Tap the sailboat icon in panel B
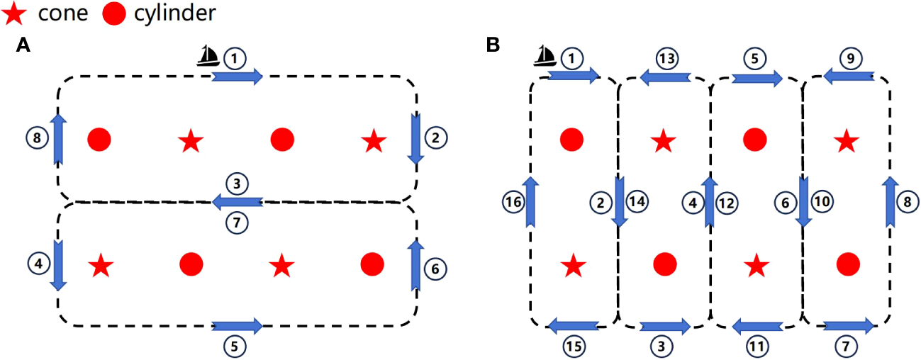[x=544, y=55]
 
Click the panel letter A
[x=23, y=46]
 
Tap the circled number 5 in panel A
[x=236, y=346]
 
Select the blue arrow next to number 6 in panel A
[x=416, y=264]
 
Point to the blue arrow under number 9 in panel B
[x=848, y=75]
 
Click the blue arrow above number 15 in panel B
[x=574, y=325]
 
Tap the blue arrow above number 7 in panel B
[x=849, y=325]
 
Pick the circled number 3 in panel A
[x=237, y=184]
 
